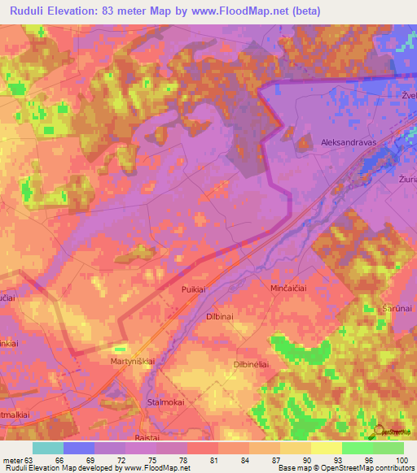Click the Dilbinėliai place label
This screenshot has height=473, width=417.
251,365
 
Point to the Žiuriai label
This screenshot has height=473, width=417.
407,176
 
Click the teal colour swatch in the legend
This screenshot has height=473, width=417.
48,447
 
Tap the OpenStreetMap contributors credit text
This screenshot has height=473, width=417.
374,469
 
